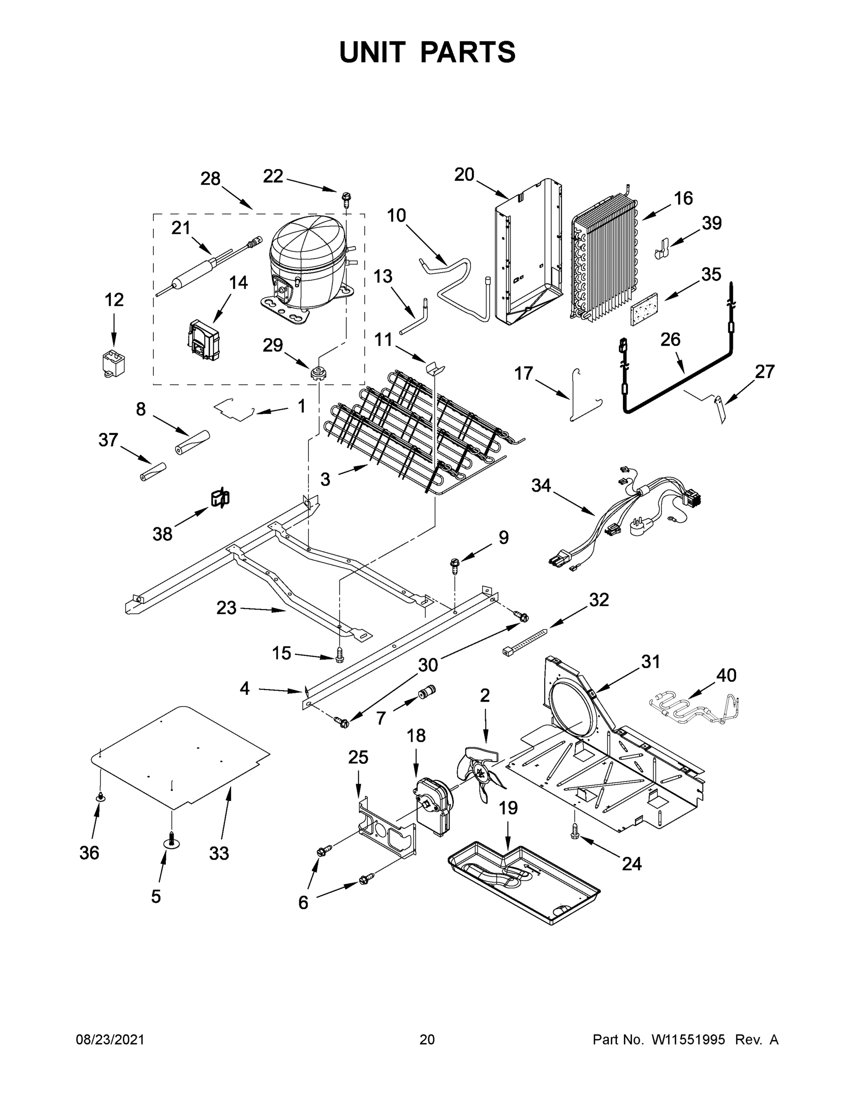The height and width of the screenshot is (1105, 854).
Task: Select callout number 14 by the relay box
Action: coord(238,283)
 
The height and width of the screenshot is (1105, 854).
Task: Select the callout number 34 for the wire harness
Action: coord(540,486)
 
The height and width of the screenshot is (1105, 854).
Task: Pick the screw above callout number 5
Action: coord(173,839)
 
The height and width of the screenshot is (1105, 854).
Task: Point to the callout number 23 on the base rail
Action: coord(226,608)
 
